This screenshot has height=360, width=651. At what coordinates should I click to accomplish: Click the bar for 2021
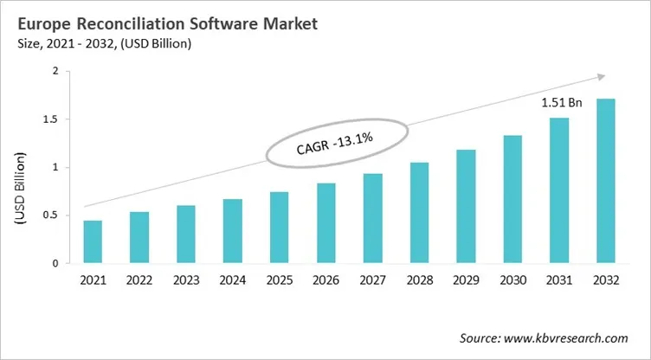[x=93, y=241]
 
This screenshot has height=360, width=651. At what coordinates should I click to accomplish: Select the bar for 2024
[x=233, y=231]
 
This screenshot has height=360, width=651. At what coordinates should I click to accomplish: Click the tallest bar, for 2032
[x=605, y=181]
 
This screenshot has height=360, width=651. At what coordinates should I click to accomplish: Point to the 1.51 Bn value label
[x=561, y=102]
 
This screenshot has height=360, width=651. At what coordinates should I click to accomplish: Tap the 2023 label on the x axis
[x=186, y=280]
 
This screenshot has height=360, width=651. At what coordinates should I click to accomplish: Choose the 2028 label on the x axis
[x=419, y=280]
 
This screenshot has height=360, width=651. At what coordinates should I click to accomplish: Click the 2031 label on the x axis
[x=558, y=280]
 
